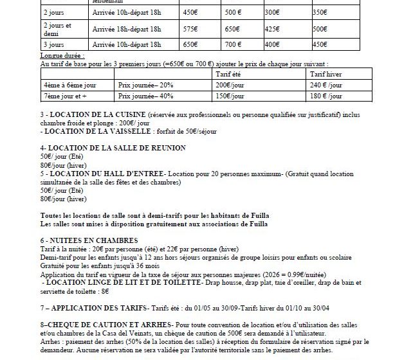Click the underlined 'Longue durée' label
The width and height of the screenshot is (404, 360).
(59, 57)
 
